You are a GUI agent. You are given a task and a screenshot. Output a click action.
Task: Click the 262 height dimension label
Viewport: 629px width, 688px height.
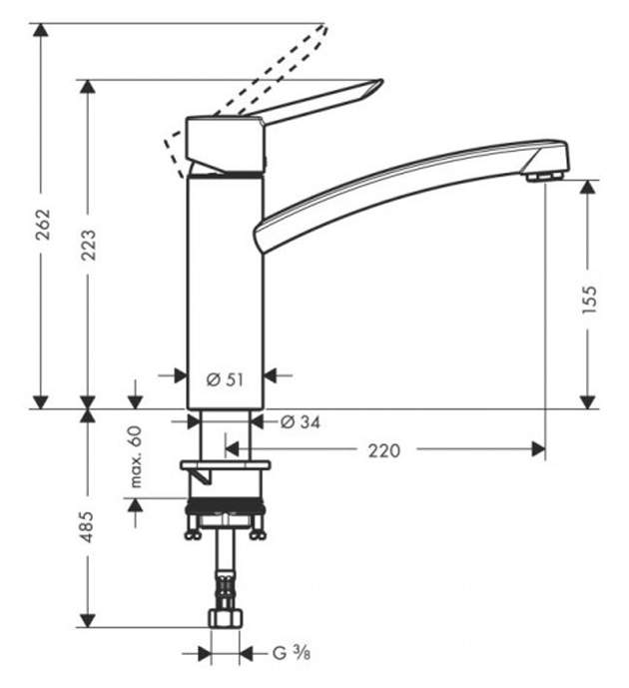[43, 225]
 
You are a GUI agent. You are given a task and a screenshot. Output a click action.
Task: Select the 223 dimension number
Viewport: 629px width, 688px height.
[89, 245]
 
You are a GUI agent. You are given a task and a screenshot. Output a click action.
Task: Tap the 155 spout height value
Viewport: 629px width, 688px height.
[589, 300]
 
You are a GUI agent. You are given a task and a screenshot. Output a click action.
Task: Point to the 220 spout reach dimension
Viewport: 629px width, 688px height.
[384, 450]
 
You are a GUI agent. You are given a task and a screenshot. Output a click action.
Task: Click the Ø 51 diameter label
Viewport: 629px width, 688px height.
[225, 379]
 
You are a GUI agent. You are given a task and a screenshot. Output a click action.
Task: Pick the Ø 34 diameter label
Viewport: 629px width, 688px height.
[301, 422]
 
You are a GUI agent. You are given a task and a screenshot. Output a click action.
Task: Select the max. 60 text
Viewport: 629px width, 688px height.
[136, 456]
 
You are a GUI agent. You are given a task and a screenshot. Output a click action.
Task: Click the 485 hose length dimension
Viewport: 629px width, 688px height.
[88, 526]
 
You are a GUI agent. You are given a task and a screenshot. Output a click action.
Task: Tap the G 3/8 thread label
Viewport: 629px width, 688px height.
[292, 653]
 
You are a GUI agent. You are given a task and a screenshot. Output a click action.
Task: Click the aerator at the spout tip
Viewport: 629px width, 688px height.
[544, 176]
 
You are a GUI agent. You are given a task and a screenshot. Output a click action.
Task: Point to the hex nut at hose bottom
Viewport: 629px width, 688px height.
[225, 618]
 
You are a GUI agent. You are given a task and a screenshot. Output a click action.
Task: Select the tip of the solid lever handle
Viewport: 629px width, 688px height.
[382, 80]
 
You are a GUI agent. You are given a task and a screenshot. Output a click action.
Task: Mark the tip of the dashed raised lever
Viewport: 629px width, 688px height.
[325, 26]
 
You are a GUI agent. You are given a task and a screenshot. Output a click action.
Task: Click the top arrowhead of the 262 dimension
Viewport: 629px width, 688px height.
[41, 29]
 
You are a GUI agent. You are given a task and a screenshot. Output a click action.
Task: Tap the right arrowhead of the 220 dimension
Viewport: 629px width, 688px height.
[538, 449]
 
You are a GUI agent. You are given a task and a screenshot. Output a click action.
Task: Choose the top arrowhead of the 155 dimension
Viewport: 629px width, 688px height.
[588, 187]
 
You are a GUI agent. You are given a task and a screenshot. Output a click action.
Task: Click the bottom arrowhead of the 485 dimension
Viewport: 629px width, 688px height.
[88, 620]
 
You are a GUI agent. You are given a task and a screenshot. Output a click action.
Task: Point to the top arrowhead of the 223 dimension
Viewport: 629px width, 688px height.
[88, 87]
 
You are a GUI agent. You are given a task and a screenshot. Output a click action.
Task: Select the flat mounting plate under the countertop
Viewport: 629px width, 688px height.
[225, 464]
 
